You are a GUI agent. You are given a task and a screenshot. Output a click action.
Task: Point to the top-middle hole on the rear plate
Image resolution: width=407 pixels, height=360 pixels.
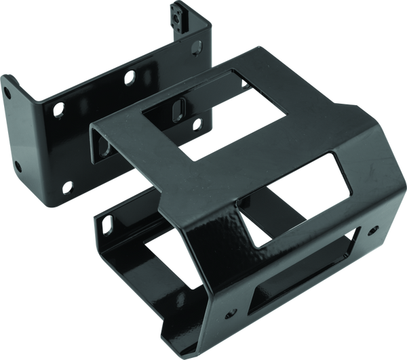click(127, 79)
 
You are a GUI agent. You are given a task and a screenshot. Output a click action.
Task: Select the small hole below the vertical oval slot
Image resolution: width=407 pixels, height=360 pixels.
click(198, 123)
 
